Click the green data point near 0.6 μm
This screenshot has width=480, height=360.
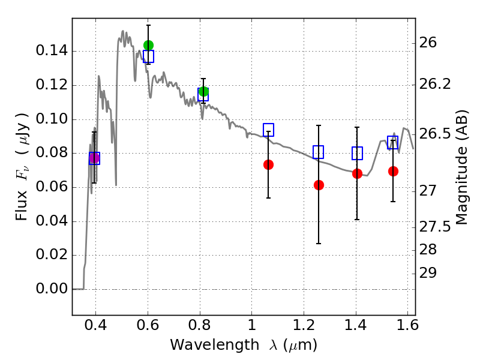(x=148, y=46)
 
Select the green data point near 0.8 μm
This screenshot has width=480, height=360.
(x=203, y=92)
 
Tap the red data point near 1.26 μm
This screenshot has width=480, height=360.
(x=319, y=185)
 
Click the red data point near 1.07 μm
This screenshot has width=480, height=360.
(x=268, y=164)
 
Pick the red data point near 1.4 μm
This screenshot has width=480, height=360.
(x=357, y=173)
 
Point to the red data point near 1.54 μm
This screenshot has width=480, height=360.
(x=393, y=171)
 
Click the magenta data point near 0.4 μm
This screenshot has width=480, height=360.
(x=94, y=158)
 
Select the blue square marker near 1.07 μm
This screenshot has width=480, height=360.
(x=268, y=130)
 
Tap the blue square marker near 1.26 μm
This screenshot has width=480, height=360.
(x=319, y=152)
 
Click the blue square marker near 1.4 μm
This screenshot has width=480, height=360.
(x=357, y=153)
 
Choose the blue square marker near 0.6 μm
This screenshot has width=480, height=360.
(x=148, y=56)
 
